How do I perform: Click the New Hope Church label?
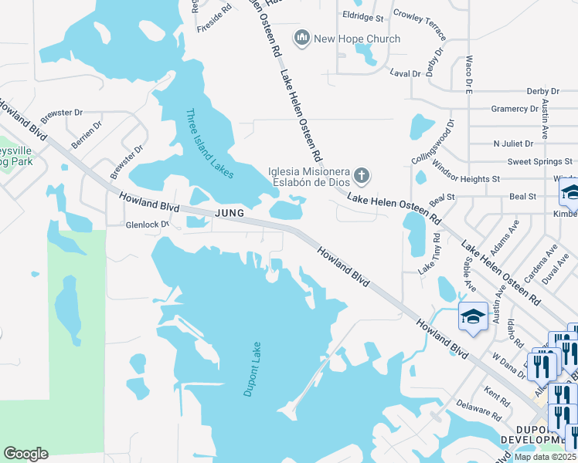tap(357, 39)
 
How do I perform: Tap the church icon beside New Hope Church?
tap(302, 38)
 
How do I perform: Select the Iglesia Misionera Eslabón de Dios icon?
tap(361, 177)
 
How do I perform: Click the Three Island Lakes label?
tap(209, 144)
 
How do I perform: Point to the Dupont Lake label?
tap(253, 369)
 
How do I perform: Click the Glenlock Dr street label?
tap(125, 225)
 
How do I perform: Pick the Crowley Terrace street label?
tap(420, 24)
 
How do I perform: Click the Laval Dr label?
tap(405, 73)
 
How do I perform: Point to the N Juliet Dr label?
tap(513, 144)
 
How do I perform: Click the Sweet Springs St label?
tap(540, 162)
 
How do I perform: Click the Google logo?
tap(25, 454)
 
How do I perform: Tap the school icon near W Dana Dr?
tap(473, 315)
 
